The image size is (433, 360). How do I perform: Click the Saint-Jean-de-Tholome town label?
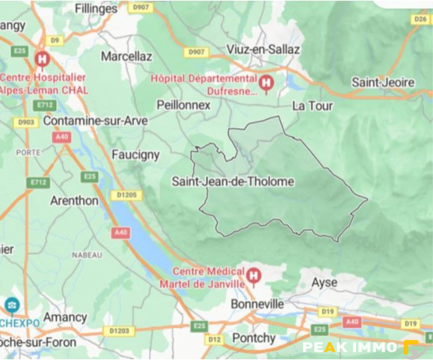coord(233,181)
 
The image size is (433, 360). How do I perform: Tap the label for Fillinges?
coord(96,9)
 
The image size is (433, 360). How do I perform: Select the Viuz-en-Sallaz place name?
coord(263,49)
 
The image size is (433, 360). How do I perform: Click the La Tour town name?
coord(312,106)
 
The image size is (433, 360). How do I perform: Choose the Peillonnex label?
coord(183,106)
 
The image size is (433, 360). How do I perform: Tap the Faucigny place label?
coord(135,155)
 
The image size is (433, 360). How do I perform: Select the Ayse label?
coord(324,282)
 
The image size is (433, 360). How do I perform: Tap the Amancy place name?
coord(65,317)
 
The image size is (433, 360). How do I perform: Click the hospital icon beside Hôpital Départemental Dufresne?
coord(265,80)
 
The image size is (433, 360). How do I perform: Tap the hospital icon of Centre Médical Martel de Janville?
coord(254,275)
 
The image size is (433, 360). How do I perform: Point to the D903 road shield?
coord(26,122)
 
